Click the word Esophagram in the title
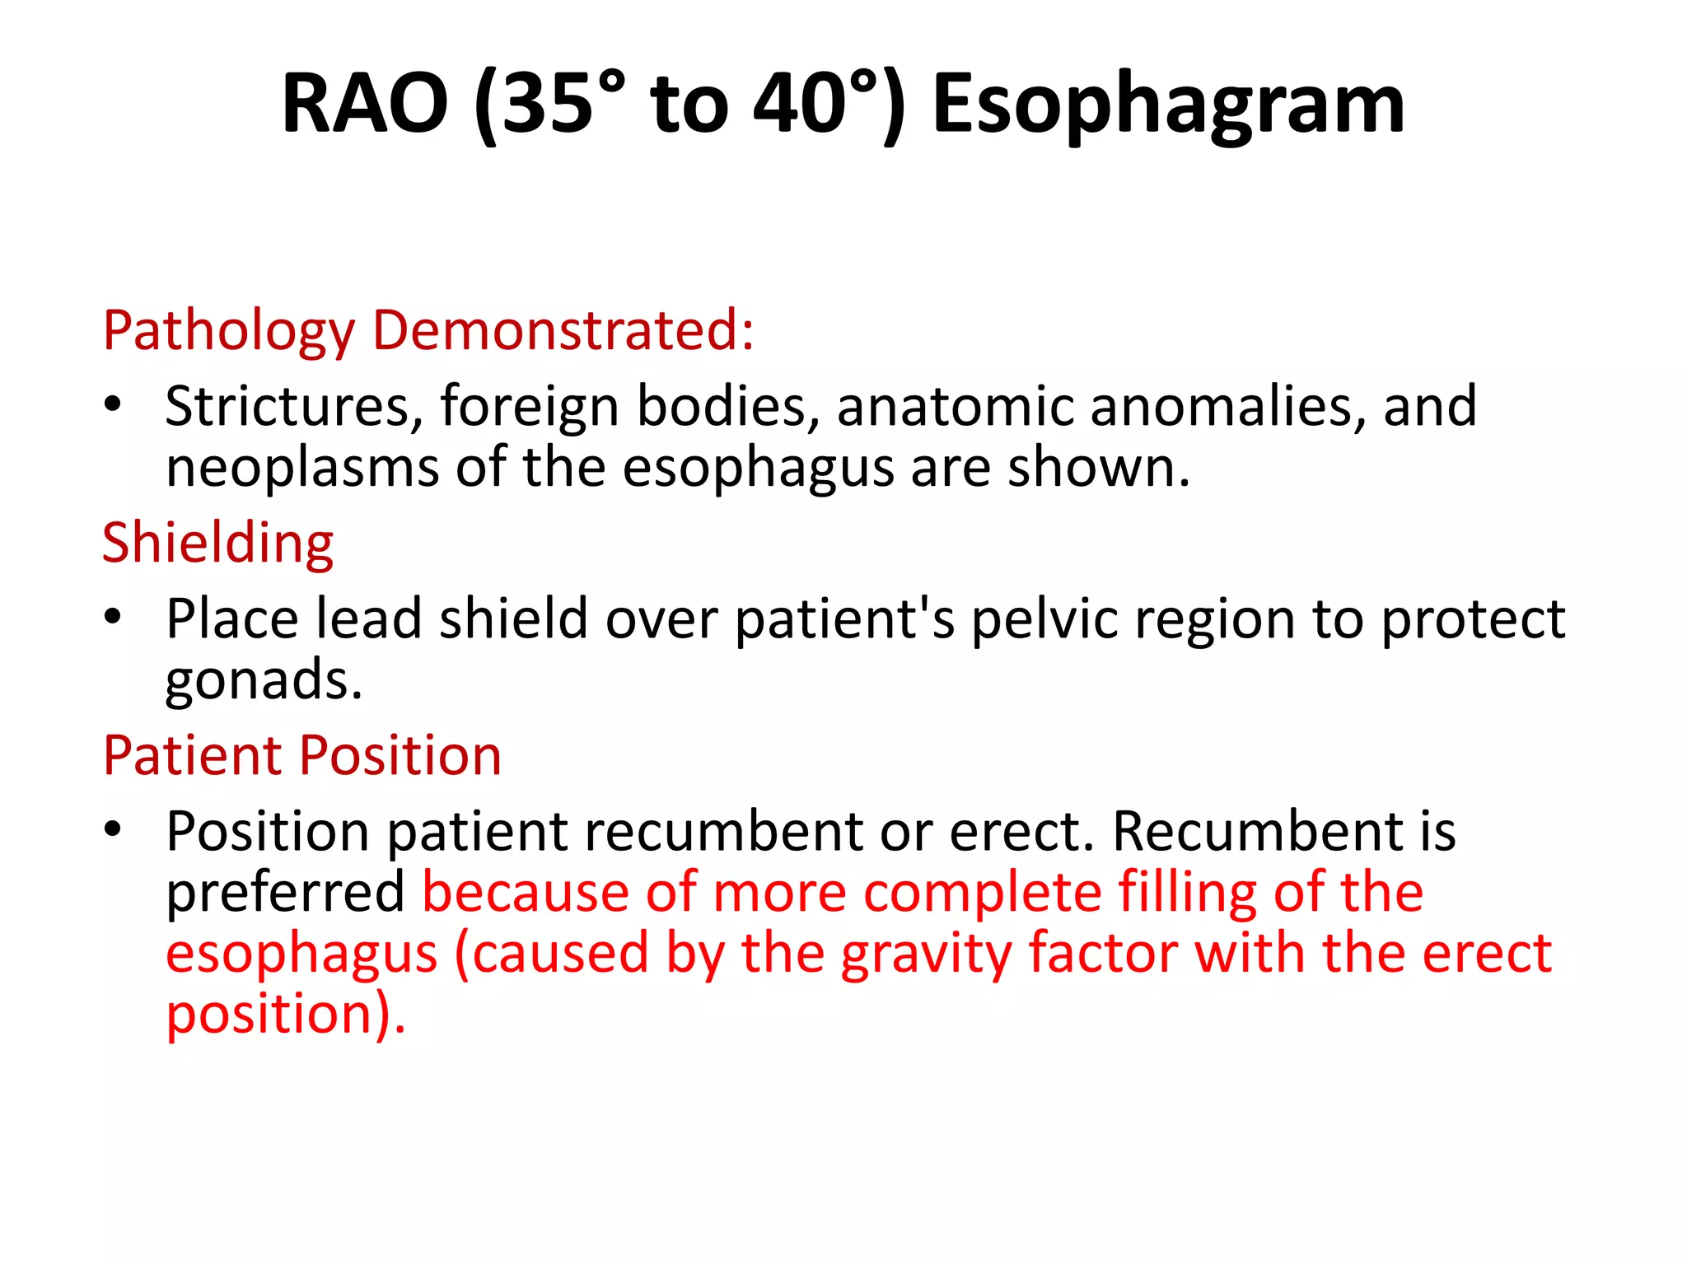coord(1168,105)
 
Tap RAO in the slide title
coord(365,105)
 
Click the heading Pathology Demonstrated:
coord(428,330)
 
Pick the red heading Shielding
coord(217,543)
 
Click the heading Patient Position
coord(301,755)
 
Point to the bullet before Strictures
coord(113,405)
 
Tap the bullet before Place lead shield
coord(113,617)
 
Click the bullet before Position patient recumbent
coord(113,829)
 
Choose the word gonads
coord(263,682)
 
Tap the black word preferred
coord(285,893)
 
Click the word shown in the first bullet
coord(1098,468)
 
